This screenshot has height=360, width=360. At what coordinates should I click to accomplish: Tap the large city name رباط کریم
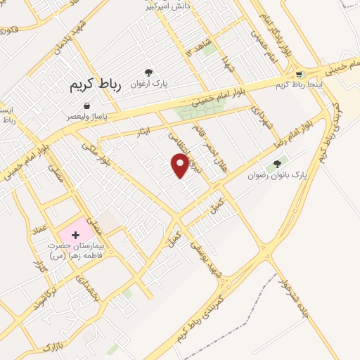pos(96,85)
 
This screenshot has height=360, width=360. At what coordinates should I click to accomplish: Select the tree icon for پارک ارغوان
pos(148,72)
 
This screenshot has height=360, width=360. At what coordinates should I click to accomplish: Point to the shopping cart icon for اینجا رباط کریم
pos(300,75)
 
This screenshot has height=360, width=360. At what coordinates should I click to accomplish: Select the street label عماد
pos(39,228)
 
